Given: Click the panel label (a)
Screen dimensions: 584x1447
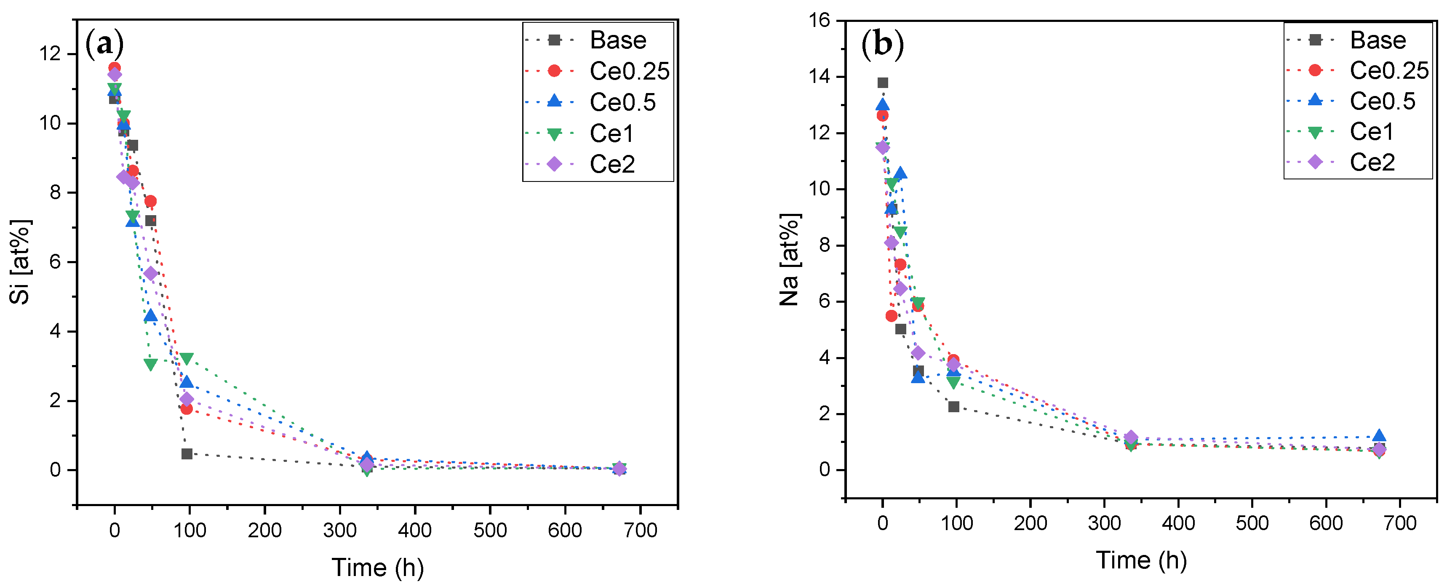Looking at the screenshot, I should [x=104, y=43].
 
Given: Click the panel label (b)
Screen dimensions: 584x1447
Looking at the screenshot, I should [x=882, y=43].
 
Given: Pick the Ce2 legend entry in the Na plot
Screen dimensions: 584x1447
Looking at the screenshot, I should [x=1372, y=162].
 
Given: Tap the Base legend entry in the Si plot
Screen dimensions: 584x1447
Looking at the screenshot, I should [x=617, y=40].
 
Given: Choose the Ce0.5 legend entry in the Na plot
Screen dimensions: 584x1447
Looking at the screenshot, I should [x=1382, y=101].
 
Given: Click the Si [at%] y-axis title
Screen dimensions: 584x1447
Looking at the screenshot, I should [x=20, y=261].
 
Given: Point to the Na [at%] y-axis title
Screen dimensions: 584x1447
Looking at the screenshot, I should [x=789, y=259].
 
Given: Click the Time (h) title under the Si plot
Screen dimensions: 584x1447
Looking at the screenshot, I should [x=377, y=568].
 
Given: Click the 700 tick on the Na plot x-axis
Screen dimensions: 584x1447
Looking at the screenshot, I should [x=1399, y=523].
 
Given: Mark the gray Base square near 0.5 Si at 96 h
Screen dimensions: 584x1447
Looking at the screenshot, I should [x=187, y=454].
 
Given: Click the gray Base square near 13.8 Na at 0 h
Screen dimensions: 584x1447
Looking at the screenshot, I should [x=882, y=83].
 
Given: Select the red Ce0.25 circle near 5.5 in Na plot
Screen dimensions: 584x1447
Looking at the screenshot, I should [x=892, y=316].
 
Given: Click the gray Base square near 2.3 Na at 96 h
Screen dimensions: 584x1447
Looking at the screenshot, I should [x=954, y=407].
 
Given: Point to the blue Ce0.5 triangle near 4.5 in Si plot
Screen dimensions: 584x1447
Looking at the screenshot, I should [x=150, y=316].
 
